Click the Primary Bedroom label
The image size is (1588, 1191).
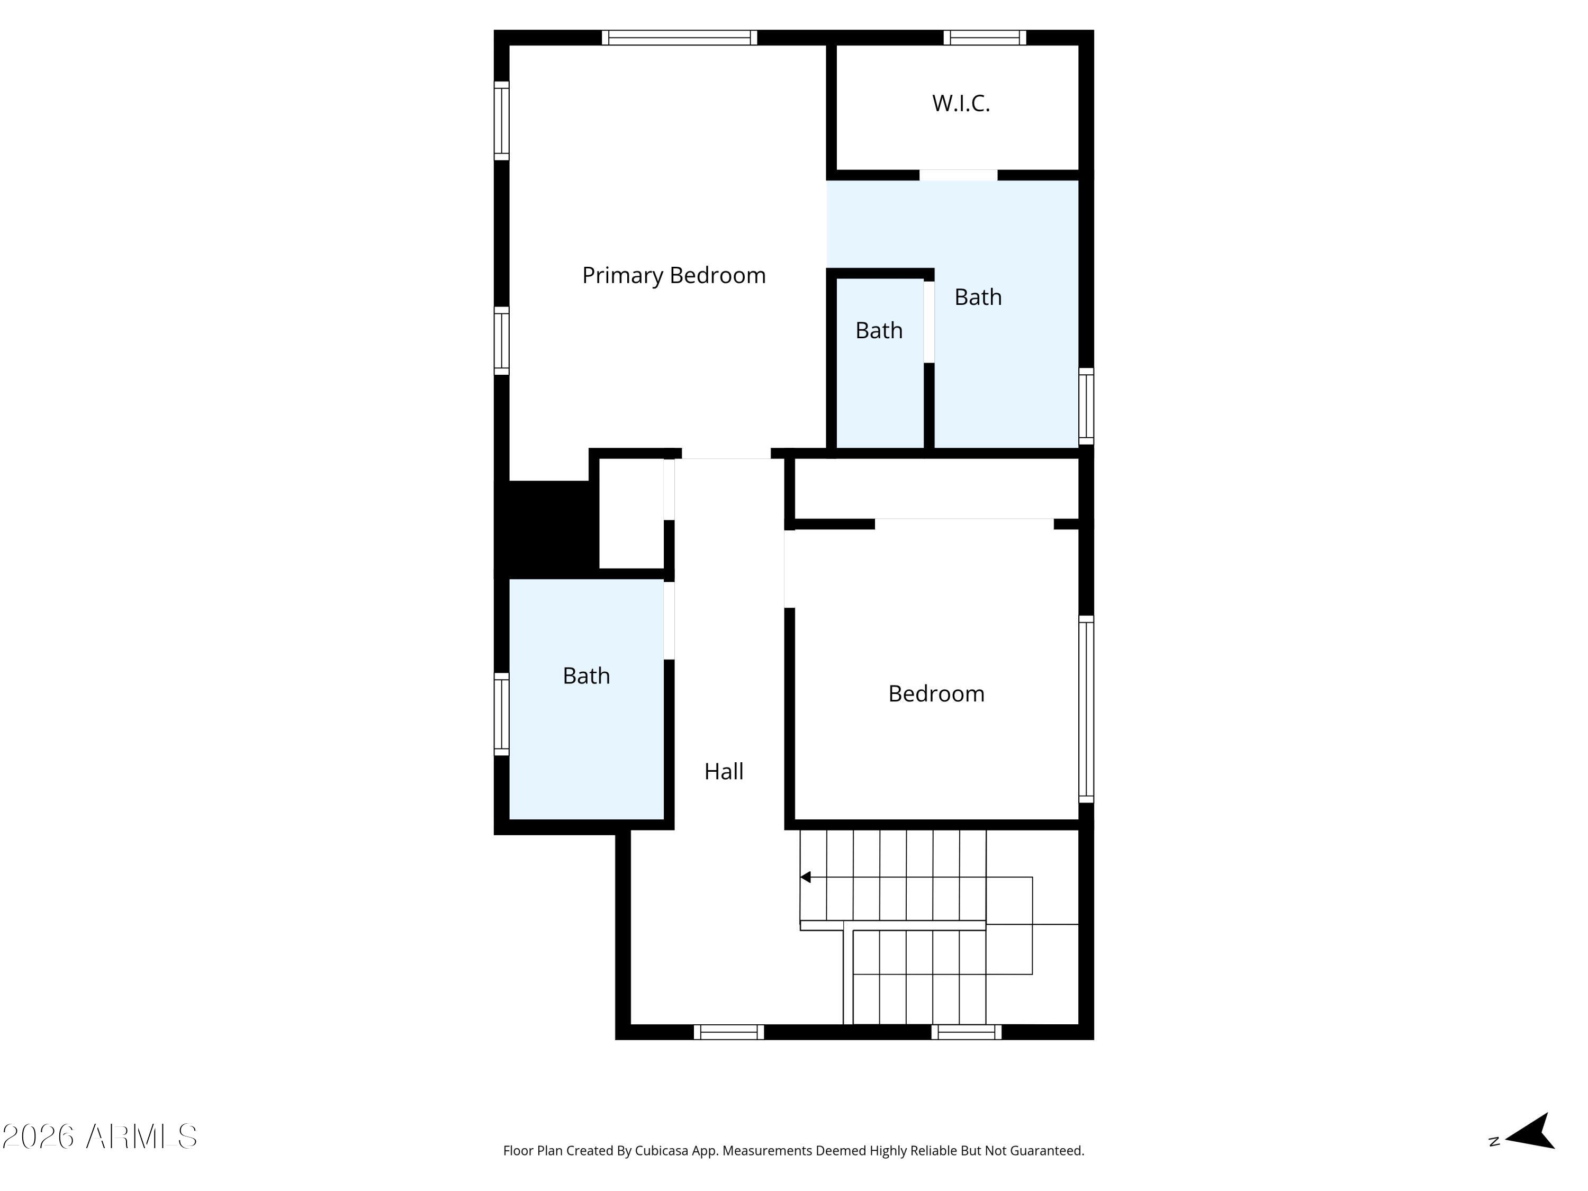click(x=673, y=276)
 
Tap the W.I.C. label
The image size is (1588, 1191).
click(x=961, y=103)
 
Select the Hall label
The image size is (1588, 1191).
click(x=724, y=772)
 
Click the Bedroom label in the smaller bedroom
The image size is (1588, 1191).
click(x=936, y=693)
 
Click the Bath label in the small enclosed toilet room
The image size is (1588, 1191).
click(x=879, y=330)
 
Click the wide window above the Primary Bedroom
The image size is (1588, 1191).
click(x=679, y=38)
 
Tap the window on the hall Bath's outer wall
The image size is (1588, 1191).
click(x=502, y=714)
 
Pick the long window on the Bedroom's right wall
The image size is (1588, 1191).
click(x=1086, y=709)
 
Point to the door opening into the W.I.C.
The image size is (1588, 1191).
click(x=959, y=175)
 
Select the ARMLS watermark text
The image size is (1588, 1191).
click(x=100, y=1137)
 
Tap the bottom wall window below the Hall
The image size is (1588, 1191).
click(x=729, y=1032)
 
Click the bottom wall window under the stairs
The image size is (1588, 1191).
click(x=966, y=1032)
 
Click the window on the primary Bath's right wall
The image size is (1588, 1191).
click(x=1086, y=407)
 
